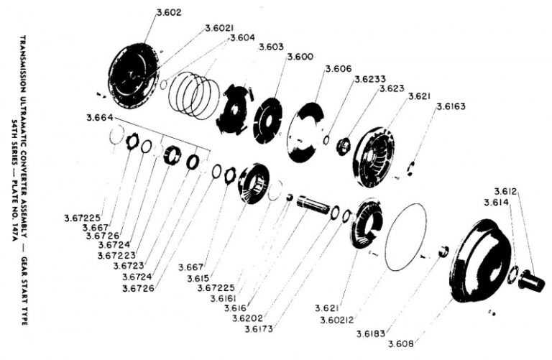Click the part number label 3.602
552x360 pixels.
[168, 12]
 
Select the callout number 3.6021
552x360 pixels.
[218, 28]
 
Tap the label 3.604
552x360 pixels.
[241, 37]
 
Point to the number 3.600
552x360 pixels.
[299, 57]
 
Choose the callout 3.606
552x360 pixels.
[338, 69]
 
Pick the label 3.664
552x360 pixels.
[99, 118]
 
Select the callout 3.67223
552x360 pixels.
[119, 255]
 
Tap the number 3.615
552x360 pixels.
[198, 278]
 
